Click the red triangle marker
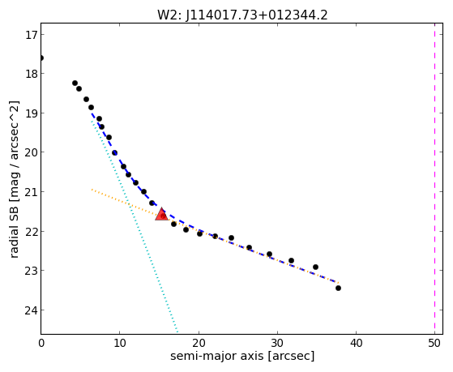(x=161, y=214)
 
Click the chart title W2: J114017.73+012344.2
(x=242, y=15)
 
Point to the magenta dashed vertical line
(x=434, y=178)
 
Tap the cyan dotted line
(x=135, y=227)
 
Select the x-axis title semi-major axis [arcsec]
(x=242, y=356)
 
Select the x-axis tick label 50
(x=434, y=343)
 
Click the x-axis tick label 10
(x=120, y=343)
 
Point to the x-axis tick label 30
(x=277, y=343)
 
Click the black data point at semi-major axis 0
(x=41, y=58)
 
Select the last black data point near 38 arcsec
(x=338, y=288)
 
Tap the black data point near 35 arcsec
(x=315, y=267)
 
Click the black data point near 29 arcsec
(x=269, y=254)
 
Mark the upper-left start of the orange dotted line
(x=92, y=190)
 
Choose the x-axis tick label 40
(x=356, y=343)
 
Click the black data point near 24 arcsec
(x=231, y=238)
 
